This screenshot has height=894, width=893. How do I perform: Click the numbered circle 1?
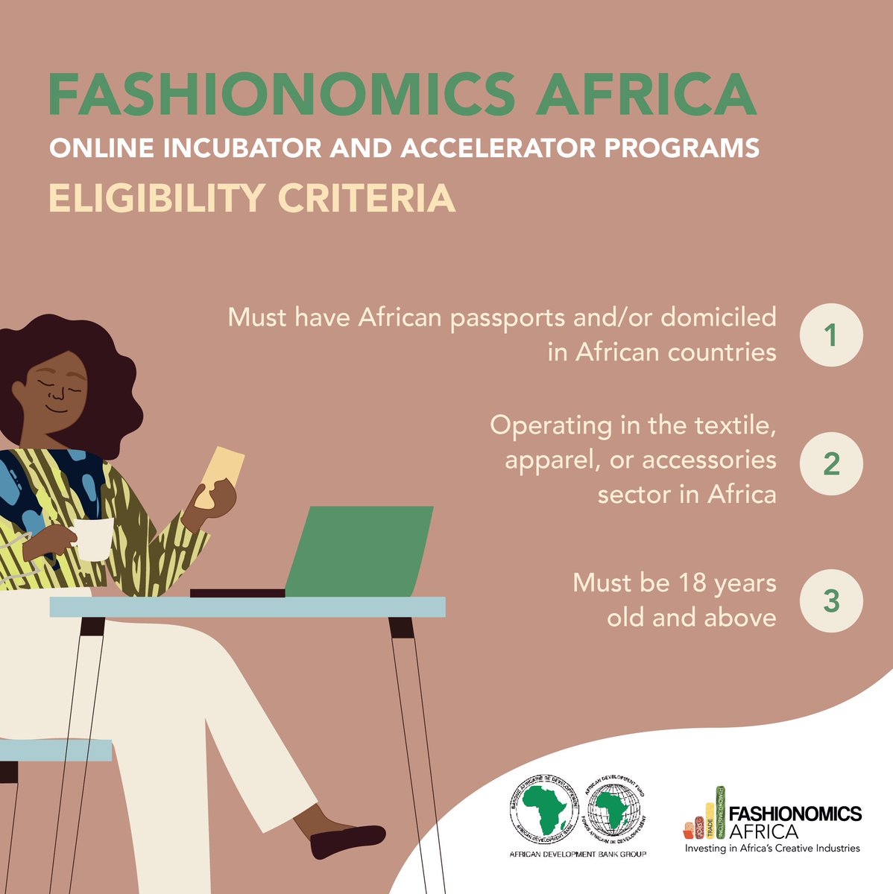(x=831, y=335)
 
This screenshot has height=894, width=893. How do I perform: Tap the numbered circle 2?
(x=831, y=463)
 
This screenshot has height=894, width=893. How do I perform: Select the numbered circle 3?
(x=831, y=600)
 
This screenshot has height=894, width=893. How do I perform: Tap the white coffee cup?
(x=94, y=539)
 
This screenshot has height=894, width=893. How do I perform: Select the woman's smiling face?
(x=56, y=387)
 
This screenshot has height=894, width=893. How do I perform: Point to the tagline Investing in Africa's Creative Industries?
(x=772, y=849)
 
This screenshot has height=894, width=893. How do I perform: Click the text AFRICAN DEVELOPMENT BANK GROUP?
(x=577, y=854)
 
